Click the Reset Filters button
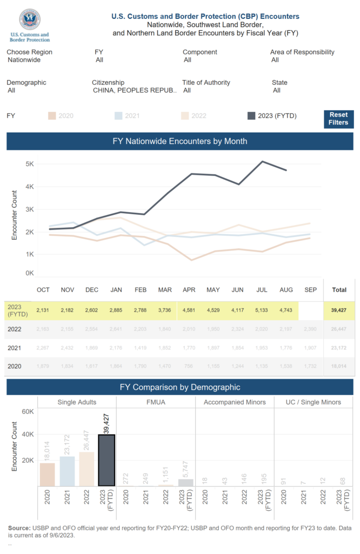(x=338, y=119)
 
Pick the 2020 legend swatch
(x=52, y=116)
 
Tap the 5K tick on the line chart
(x=30, y=163)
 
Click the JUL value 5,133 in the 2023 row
(x=262, y=309)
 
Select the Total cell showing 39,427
(x=339, y=309)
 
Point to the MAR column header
(x=165, y=290)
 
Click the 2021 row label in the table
(x=14, y=347)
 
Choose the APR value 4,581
(x=189, y=309)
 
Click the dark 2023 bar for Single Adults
(x=106, y=460)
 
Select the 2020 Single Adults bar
(x=48, y=474)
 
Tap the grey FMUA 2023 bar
(x=185, y=483)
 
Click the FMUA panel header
(x=156, y=402)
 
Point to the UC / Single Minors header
(x=314, y=402)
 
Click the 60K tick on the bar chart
(x=27, y=411)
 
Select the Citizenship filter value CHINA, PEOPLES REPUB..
(x=135, y=90)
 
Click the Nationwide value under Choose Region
(x=24, y=60)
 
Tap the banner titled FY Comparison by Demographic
(x=179, y=387)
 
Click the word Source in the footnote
(x=19, y=527)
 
